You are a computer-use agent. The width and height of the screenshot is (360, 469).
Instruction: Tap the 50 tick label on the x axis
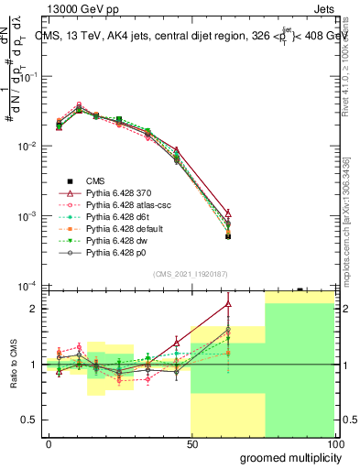(x=191, y=442)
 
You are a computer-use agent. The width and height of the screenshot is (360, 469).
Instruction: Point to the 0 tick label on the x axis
(x=49, y=442)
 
